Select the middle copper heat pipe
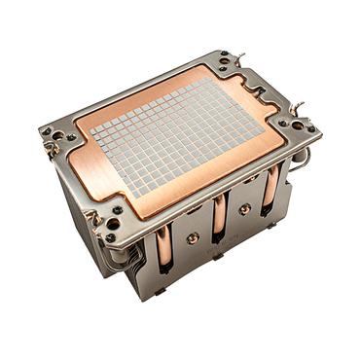[219, 218]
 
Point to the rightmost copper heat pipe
[269, 192]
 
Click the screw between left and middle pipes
[193, 236]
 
